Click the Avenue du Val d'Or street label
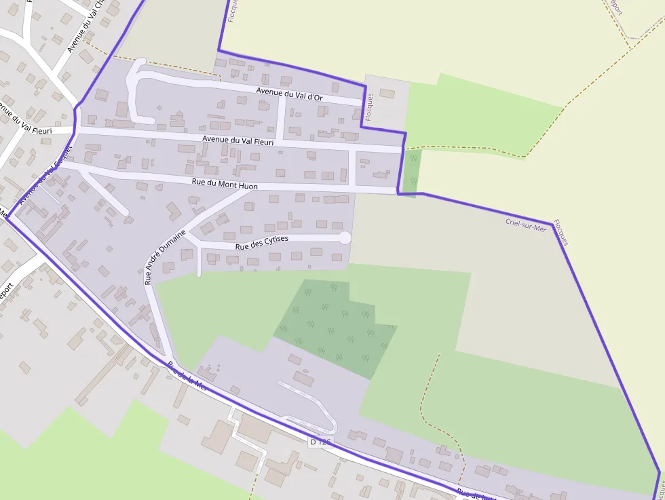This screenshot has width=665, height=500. [289, 94]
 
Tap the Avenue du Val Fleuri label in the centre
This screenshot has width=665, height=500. [237, 140]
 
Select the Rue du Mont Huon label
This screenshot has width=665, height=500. [225, 184]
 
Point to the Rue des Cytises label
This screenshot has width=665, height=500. [262, 242]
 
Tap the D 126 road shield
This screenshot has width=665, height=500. [320, 442]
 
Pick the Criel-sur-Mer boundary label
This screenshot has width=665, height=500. [526, 225]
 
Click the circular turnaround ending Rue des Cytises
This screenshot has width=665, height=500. [345, 237]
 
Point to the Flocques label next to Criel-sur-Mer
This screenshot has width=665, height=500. [560, 232]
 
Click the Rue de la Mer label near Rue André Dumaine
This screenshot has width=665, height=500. [187, 376]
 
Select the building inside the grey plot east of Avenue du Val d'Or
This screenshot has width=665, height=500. [387, 93]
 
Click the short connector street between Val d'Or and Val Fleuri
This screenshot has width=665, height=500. [280, 119]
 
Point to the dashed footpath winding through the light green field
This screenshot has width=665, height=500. [434, 400]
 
